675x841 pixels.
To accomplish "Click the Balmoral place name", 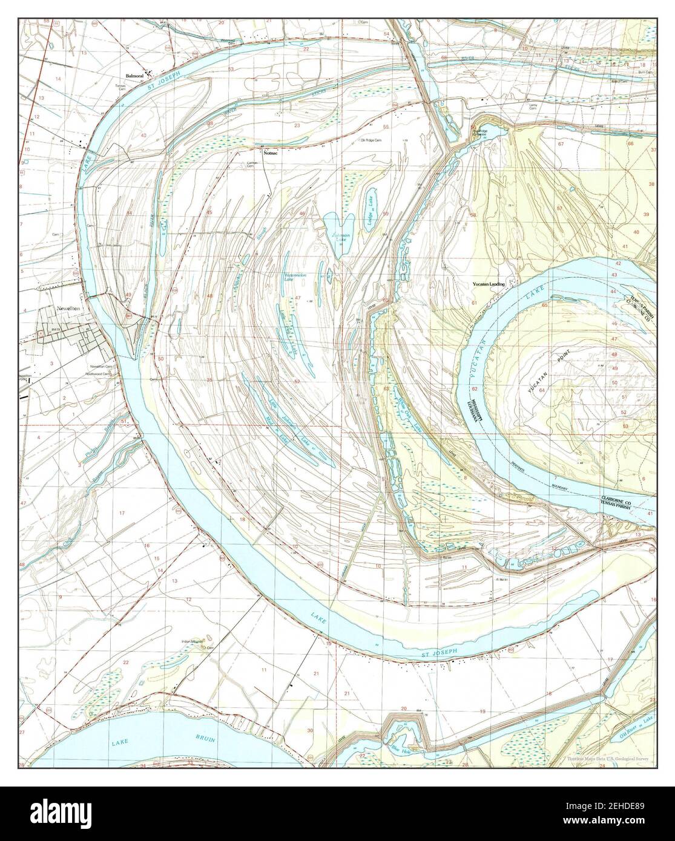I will [134, 76].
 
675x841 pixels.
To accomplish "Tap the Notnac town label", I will [271, 153].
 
